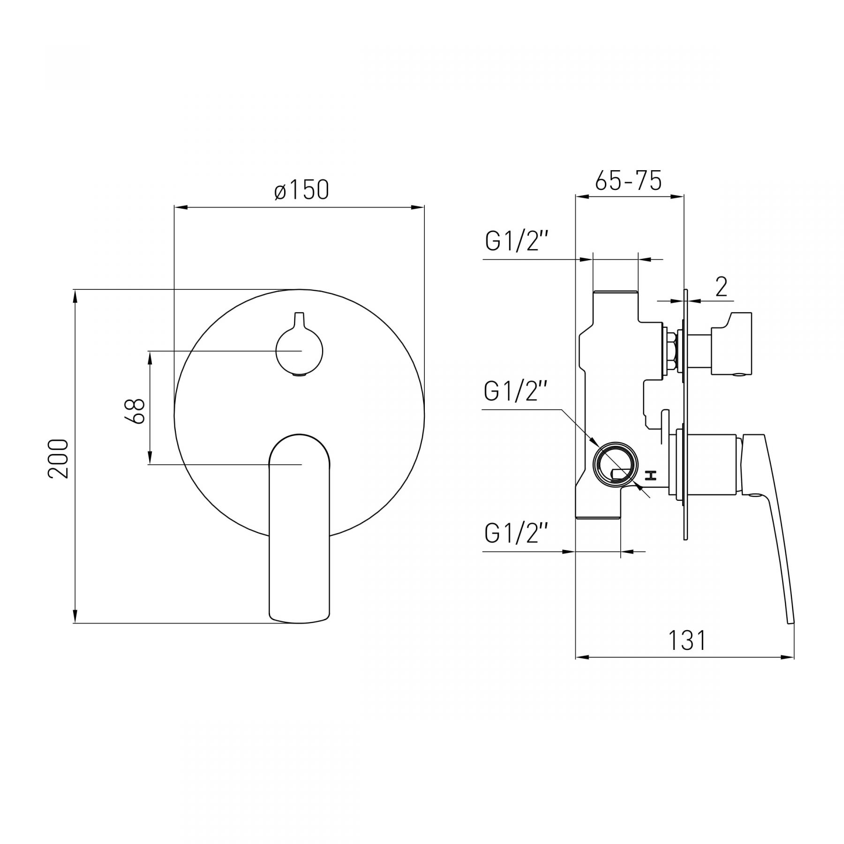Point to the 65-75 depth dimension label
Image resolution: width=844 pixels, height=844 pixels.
pyautogui.click(x=628, y=180)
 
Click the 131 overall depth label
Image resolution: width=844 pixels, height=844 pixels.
pyautogui.click(x=687, y=641)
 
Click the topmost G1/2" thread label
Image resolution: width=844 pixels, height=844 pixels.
pyautogui.click(x=516, y=241)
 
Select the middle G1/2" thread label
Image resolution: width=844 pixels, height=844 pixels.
pyautogui.click(x=516, y=392)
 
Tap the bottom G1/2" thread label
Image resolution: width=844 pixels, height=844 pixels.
pyautogui.click(x=516, y=533)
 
